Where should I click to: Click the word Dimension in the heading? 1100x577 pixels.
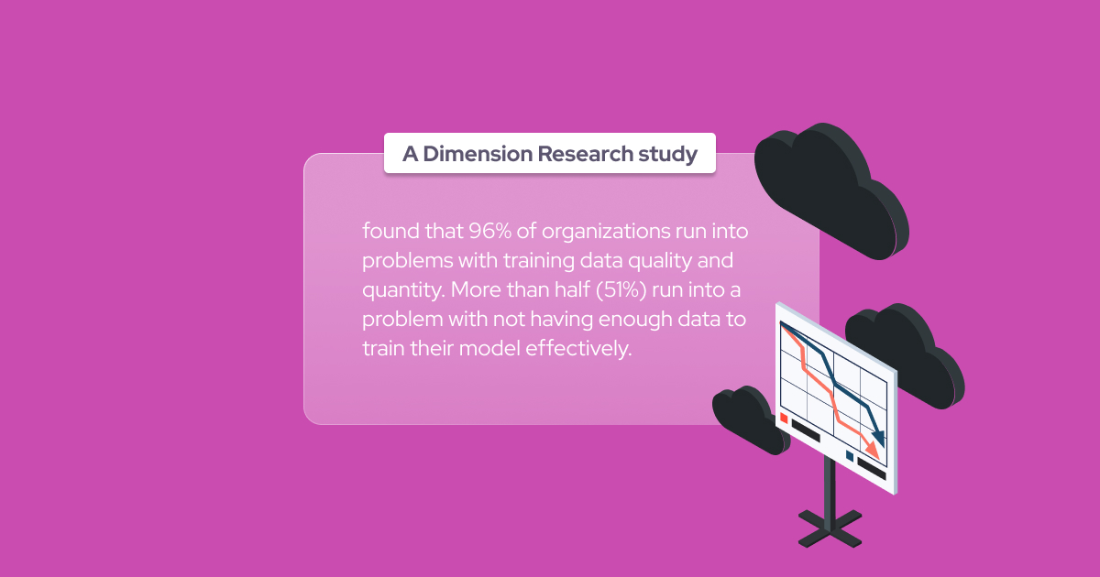[478, 154]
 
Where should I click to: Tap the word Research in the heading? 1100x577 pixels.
[586, 154]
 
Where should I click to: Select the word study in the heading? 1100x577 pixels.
[668, 155]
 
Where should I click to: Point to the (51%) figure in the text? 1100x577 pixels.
[621, 289]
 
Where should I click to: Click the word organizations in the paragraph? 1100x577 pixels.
[606, 232]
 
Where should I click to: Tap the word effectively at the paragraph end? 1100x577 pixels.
[578, 348]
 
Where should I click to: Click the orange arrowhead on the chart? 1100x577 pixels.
[872, 449]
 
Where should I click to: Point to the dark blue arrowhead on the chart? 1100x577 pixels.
[878, 437]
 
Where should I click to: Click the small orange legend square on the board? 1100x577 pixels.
[784, 419]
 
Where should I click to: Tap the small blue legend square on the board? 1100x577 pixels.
[850, 456]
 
